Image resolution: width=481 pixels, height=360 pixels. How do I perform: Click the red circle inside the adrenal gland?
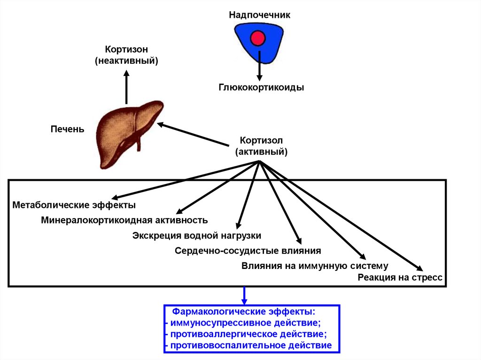[258, 38]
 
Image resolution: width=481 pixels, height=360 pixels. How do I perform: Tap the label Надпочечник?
[260, 15]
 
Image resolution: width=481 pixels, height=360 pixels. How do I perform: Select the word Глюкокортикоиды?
[261, 87]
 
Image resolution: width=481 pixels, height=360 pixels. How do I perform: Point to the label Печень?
[68, 129]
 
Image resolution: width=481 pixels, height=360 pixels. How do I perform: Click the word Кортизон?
[126, 49]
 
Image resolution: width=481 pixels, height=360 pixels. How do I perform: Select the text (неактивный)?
[126, 61]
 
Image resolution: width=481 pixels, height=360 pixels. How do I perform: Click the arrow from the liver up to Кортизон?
[126, 87]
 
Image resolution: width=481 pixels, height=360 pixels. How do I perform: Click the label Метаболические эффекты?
[74, 205]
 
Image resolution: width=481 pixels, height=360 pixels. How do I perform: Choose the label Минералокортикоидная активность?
[124, 220]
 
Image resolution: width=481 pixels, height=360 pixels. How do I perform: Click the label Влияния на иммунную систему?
[315, 266]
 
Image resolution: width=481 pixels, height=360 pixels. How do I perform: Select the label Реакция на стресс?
[400, 277]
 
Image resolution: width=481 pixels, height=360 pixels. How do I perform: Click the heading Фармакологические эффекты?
[243, 312]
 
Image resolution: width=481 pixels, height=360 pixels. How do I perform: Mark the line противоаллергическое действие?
[248, 334]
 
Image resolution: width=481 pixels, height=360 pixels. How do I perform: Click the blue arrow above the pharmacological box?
[244, 296]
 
